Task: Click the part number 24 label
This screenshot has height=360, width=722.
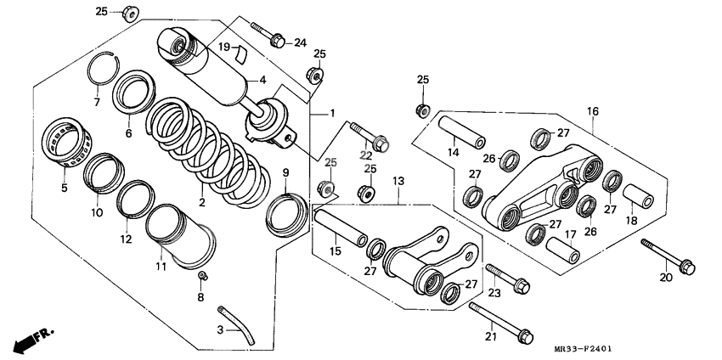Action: [300, 42]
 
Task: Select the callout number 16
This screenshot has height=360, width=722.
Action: [592, 110]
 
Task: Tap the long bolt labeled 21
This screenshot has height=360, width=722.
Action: [501, 320]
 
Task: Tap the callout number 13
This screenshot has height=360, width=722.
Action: [399, 182]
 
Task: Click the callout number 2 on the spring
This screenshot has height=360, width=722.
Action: [202, 203]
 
